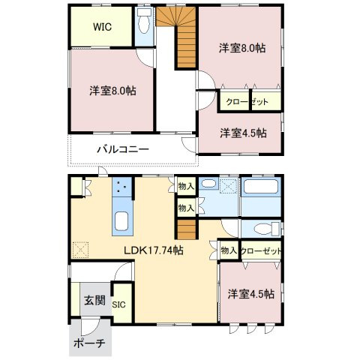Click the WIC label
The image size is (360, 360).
point(102,27)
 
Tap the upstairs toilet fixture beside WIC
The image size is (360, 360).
point(144,21)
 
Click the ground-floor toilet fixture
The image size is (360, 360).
point(266,229)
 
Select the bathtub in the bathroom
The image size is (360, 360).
point(261,186)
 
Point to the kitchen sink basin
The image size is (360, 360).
point(121,221)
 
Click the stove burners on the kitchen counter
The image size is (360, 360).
point(122,187)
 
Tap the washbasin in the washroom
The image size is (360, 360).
point(209,184)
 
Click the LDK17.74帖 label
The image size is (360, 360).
point(154,250)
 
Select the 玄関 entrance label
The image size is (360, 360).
point(94,300)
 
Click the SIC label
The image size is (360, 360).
point(118,304)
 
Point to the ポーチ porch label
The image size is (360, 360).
point(89,343)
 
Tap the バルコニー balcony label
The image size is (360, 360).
point(123,149)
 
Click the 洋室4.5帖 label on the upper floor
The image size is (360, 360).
point(243,133)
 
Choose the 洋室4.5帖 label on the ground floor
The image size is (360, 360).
point(251,294)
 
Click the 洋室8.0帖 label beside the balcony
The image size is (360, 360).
point(113,91)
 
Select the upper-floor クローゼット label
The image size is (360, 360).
point(247,102)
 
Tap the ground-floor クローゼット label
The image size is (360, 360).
point(261,251)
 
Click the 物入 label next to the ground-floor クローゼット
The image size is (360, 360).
point(229,250)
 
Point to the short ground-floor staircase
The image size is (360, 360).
point(187,229)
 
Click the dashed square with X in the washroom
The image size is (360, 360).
point(229,186)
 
